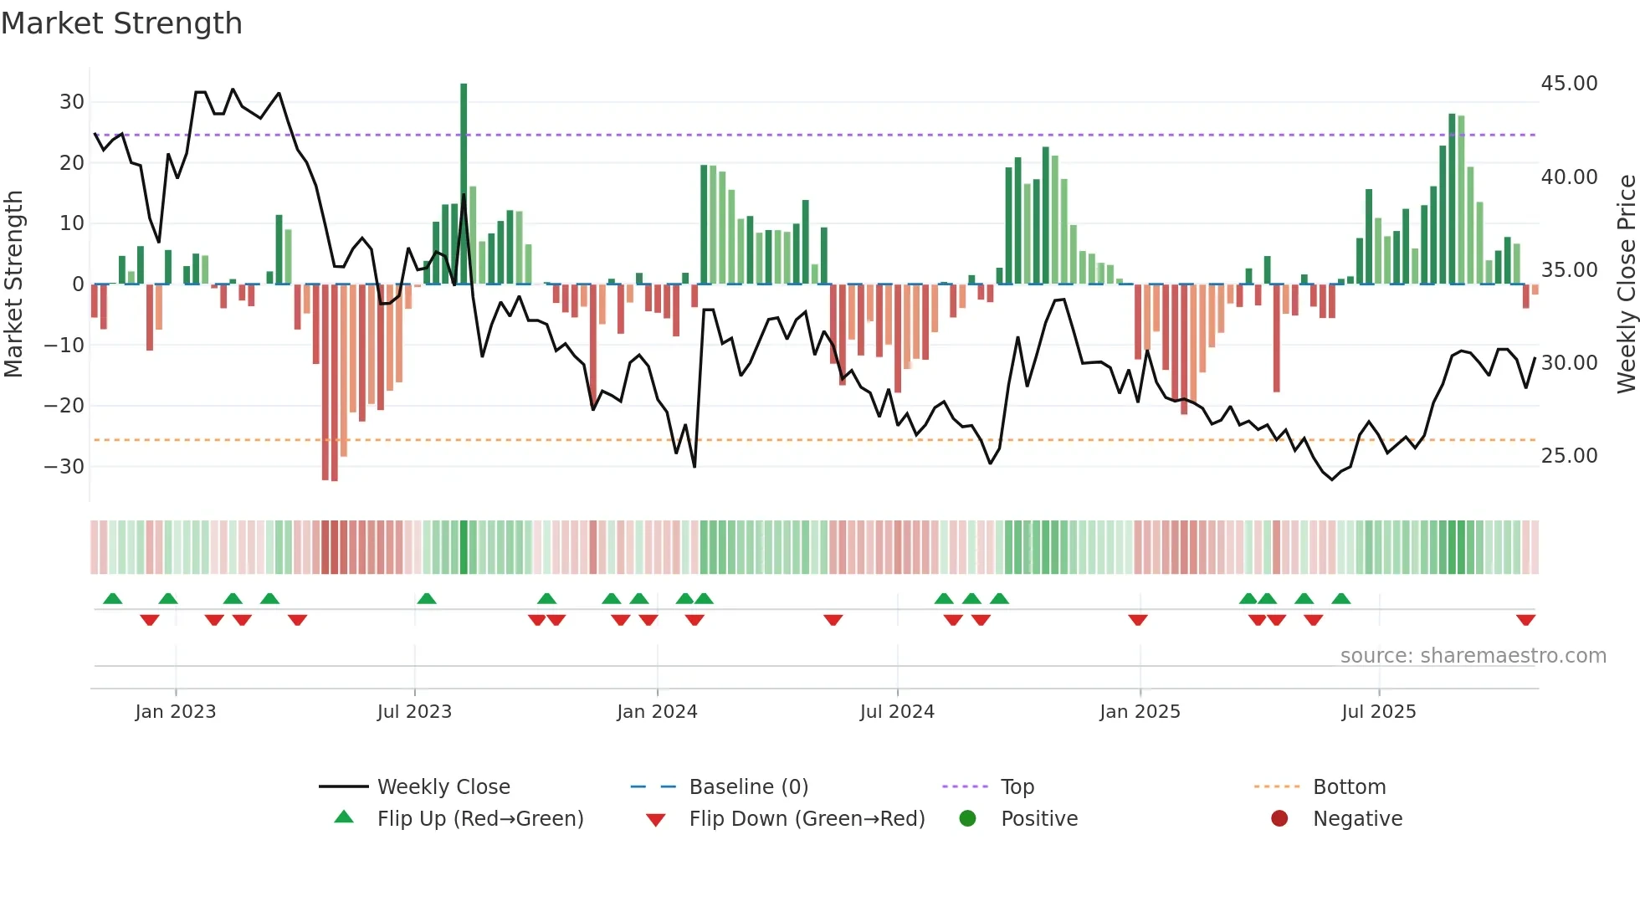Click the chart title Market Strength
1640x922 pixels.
click(x=121, y=23)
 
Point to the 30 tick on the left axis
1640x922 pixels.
click(x=72, y=102)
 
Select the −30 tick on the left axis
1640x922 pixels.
click(x=65, y=466)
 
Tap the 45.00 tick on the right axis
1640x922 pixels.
click(x=1569, y=84)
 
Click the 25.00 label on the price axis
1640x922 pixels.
click(x=1569, y=456)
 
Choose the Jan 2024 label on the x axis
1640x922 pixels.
click(x=657, y=712)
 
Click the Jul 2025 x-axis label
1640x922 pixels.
click(x=1378, y=712)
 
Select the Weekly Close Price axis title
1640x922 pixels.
click(x=1626, y=284)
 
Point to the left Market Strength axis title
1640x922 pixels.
click(x=13, y=284)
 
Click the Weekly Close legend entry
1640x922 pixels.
click(x=443, y=787)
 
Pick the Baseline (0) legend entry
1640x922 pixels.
click(x=748, y=787)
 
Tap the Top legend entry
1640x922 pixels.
click(x=1017, y=787)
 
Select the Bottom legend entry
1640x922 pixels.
click(x=1349, y=787)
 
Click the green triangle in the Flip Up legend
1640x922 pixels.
click(x=344, y=817)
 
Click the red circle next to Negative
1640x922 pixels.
click(x=1279, y=818)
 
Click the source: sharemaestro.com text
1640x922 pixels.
click(x=1473, y=656)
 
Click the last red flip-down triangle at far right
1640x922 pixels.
click(x=1525, y=620)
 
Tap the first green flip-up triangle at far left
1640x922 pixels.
click(x=113, y=598)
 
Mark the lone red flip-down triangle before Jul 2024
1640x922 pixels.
click(x=833, y=620)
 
